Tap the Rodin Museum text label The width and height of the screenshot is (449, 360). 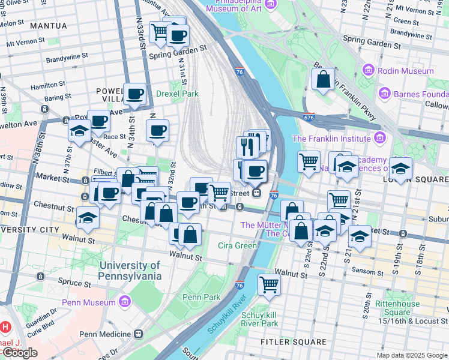tap(406, 71)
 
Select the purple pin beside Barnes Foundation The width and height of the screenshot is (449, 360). tap(385, 94)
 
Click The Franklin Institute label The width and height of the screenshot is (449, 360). tap(331, 139)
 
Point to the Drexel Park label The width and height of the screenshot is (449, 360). tap(177, 94)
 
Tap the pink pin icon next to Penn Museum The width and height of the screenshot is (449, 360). tap(125, 301)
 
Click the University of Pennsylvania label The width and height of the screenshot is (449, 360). tap(130, 271)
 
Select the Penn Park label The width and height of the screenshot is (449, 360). tap(201, 297)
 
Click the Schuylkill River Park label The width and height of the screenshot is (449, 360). tap(259, 319)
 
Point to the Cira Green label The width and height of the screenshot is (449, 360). tap(238, 245)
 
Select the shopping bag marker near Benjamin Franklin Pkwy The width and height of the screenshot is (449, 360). tap(323, 80)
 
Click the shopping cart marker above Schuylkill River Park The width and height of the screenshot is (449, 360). tap(270, 284)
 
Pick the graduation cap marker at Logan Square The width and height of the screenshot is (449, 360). tap(400, 169)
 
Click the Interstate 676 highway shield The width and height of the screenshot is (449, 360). tap(310, 118)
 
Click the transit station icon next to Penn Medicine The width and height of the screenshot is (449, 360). tap(139, 334)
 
